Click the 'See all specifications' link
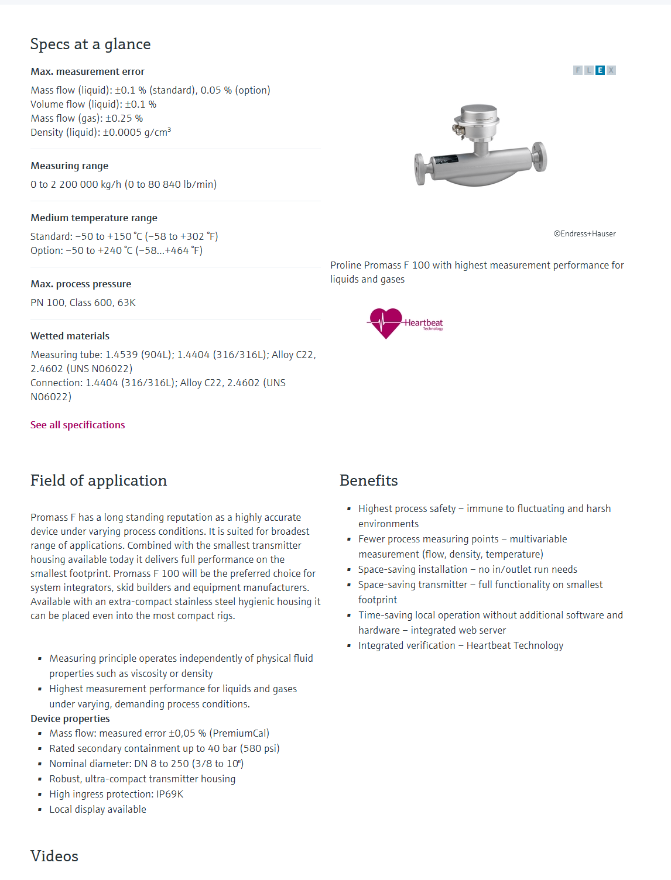pyautogui.click(x=77, y=425)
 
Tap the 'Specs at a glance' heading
pyautogui.click(x=90, y=44)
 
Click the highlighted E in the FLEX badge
pyautogui.click(x=600, y=70)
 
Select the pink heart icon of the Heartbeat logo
pyautogui.click(x=385, y=322)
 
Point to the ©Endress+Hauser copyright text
pyautogui.click(x=584, y=234)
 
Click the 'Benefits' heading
pyautogui.click(x=368, y=480)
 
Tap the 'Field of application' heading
pyautogui.click(x=98, y=480)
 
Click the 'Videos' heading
pyautogui.click(x=54, y=856)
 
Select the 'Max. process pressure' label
pyautogui.click(x=81, y=284)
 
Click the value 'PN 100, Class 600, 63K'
pyautogui.click(x=83, y=302)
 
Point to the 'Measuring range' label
pyautogui.click(x=69, y=166)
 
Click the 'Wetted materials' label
pyautogui.click(x=70, y=336)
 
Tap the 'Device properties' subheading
pyautogui.click(x=70, y=719)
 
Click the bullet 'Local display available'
pyautogui.click(x=97, y=809)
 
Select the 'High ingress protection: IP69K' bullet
pyautogui.click(x=116, y=794)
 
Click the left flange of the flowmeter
pyautogui.click(x=420, y=169)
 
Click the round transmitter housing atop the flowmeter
pyautogui.click(x=479, y=120)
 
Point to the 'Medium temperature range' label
pyautogui.click(x=94, y=218)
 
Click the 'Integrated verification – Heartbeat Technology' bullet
pyautogui.click(x=460, y=645)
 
